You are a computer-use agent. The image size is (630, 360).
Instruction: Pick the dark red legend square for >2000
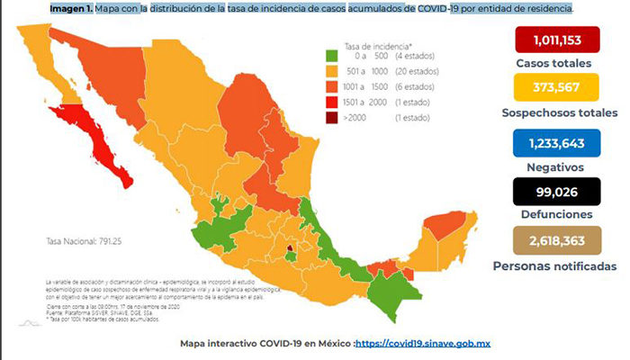(x=332, y=118)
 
